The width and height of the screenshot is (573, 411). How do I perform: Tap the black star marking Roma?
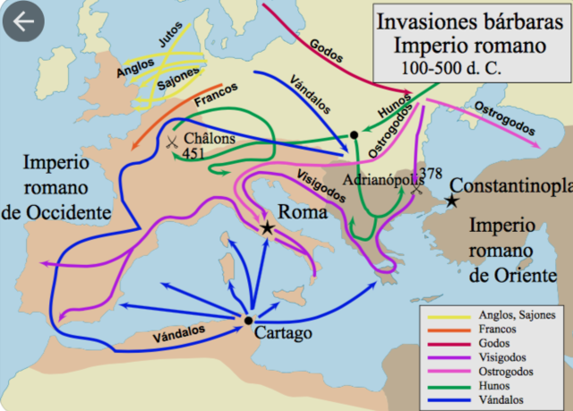point(267,227)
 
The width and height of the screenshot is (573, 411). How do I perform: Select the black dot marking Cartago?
point(248,320)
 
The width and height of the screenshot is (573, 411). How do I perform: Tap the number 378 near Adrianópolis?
point(431,173)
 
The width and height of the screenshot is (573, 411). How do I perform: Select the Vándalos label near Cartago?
point(176,333)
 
